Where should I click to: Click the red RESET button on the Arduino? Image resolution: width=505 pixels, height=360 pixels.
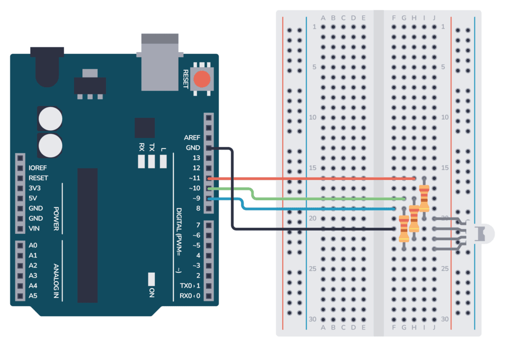[x=201, y=79]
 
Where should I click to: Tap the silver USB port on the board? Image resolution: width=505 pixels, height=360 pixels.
[x=159, y=62]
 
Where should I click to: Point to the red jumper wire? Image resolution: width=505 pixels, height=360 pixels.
[x=311, y=178]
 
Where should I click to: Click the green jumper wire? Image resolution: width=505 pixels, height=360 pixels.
[x=321, y=198]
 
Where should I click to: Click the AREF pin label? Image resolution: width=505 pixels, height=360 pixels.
[x=192, y=138]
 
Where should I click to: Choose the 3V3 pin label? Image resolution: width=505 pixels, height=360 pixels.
[x=35, y=188]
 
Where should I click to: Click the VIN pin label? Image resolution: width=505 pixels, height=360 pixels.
[x=34, y=228]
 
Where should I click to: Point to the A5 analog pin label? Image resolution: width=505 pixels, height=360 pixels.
[x=33, y=296]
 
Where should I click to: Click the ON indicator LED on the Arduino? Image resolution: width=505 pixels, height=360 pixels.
[x=151, y=279]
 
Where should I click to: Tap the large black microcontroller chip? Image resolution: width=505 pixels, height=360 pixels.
[x=87, y=234]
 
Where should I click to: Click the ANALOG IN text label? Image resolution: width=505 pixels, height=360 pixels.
[x=56, y=282]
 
